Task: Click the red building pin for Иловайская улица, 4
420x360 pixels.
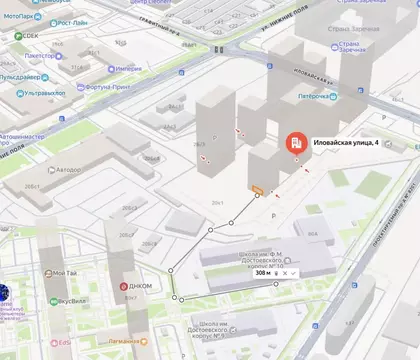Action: click(296, 143)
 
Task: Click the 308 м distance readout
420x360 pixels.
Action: click(264, 272)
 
